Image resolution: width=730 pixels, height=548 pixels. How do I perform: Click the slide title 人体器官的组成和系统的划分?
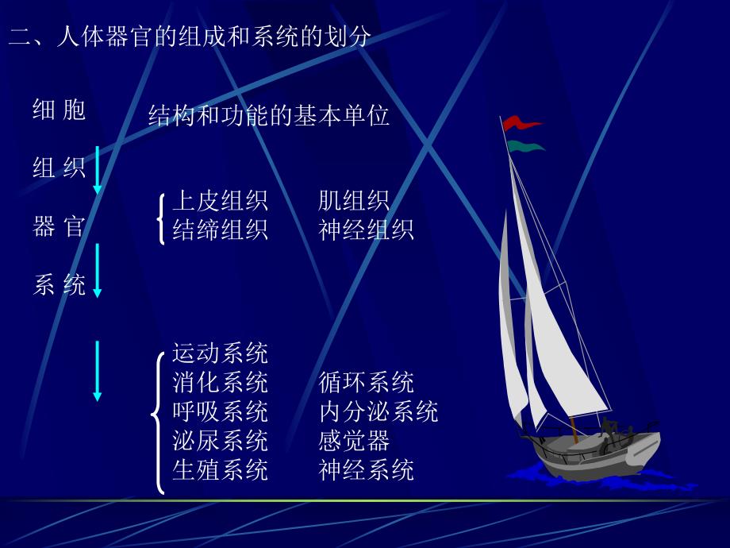coord(189,37)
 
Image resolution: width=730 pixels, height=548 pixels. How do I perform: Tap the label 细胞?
coord(60,110)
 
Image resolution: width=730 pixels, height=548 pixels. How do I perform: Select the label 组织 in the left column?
coord(60,168)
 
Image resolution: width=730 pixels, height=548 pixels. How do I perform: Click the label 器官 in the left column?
coord(60,227)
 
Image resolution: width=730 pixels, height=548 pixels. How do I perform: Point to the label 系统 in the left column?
coord(60,285)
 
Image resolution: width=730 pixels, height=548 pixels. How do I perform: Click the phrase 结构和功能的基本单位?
coord(269,117)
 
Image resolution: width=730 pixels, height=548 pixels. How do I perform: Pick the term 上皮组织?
coord(220,200)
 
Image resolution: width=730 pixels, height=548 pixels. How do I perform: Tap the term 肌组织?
coord(354,200)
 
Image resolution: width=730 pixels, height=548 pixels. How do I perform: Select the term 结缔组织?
coord(220,230)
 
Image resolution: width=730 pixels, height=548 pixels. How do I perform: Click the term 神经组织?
coord(366,230)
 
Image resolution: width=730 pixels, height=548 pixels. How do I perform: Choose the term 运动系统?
coord(220,353)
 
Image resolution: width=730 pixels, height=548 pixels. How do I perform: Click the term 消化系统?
coord(220,382)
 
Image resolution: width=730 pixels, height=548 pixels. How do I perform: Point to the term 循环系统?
coord(366,382)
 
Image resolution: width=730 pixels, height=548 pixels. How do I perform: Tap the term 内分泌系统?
coord(378,411)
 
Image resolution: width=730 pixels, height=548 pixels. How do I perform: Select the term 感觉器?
coord(354,441)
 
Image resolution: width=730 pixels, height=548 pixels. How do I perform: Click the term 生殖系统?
coord(220,469)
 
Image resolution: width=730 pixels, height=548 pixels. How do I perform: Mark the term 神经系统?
coord(366,469)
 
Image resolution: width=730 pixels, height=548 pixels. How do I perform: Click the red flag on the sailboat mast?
coord(521,123)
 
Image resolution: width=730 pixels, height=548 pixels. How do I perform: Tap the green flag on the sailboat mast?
coord(524,146)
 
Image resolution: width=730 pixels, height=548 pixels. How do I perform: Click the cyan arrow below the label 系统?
coord(98,370)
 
